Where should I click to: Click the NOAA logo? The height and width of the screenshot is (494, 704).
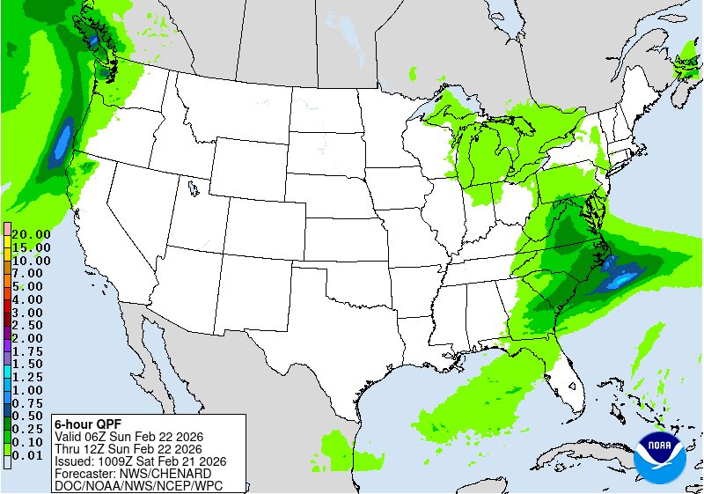(663, 453)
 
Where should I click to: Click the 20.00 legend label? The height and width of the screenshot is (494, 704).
(31, 235)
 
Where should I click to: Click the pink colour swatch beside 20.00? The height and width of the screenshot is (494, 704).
(7, 229)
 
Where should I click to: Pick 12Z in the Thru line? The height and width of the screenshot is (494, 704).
(102, 447)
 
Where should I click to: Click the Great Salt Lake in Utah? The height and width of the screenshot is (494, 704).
(192, 187)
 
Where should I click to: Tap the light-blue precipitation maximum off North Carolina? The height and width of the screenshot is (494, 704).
(623, 279)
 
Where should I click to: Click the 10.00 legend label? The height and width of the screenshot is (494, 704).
(31, 261)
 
